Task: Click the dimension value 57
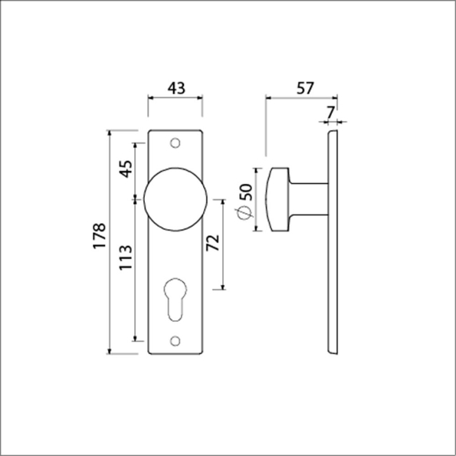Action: point(304,87)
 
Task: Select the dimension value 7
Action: point(330,112)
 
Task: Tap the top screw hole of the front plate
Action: point(176,143)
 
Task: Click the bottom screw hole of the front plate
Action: point(176,341)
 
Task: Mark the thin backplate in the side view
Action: point(333,242)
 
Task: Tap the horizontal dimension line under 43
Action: point(176,99)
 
